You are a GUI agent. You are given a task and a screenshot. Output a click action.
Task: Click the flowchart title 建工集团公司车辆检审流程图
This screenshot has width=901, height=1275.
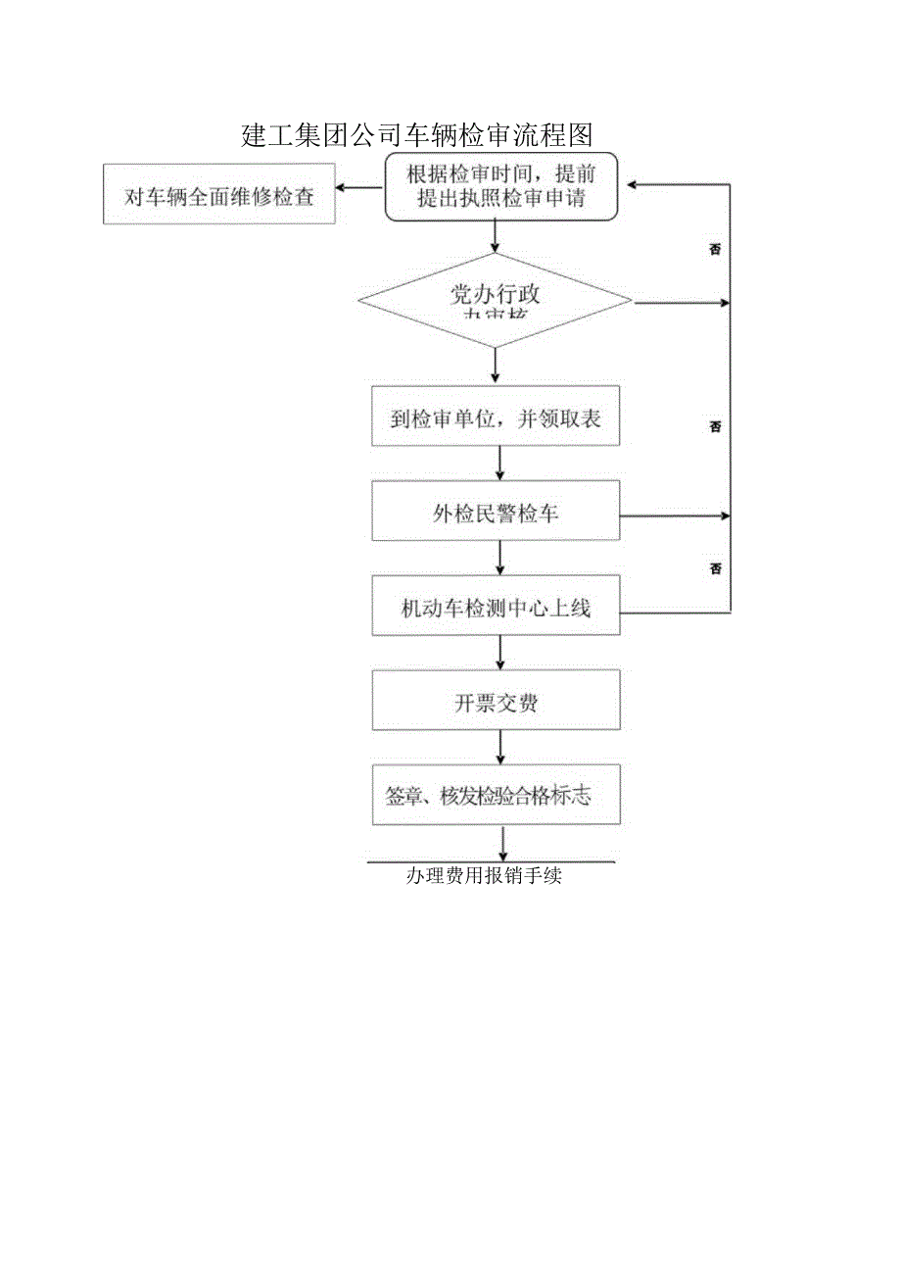pyautogui.click(x=418, y=134)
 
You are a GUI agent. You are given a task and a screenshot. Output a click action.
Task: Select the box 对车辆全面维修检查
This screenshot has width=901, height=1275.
pyautogui.click(x=219, y=195)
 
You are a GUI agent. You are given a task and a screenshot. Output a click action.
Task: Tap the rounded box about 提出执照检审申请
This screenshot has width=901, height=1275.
pyautogui.click(x=500, y=186)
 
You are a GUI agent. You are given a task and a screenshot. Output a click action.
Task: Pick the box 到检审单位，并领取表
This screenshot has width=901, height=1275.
pyautogui.click(x=496, y=419)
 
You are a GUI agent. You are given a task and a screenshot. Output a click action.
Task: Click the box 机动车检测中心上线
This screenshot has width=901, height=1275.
pyautogui.click(x=496, y=608)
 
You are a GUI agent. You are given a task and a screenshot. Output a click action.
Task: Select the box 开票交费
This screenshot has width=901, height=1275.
pyautogui.click(x=496, y=702)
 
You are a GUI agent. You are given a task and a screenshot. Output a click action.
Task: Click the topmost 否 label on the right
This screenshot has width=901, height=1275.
pyautogui.click(x=715, y=250)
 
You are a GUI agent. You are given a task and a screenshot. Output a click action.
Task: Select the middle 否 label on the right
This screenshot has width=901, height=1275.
pyautogui.click(x=715, y=426)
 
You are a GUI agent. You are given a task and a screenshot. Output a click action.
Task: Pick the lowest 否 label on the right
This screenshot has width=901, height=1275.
pyautogui.click(x=715, y=568)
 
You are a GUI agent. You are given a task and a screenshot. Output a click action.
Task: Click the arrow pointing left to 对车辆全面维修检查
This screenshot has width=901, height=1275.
pyautogui.click(x=358, y=187)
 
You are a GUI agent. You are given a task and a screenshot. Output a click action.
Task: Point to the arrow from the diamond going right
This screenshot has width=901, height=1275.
pyautogui.click(x=682, y=303)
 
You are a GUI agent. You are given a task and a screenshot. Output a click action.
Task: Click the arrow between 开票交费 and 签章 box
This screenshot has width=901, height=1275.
pyautogui.click(x=501, y=747)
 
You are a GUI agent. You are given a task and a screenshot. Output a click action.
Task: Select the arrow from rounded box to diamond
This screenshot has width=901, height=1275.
pyautogui.click(x=496, y=236)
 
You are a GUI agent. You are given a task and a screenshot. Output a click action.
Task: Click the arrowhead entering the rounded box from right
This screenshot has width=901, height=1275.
pyautogui.click(x=635, y=184)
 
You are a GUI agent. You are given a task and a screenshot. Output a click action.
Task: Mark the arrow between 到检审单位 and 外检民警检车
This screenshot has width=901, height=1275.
pyautogui.click(x=500, y=463)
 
